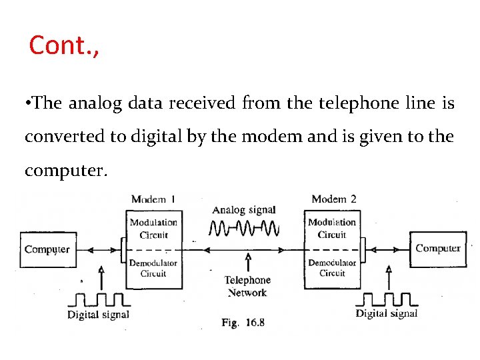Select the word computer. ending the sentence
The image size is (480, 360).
click(65, 171)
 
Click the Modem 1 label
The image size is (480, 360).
click(153, 199)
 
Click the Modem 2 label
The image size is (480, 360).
click(334, 199)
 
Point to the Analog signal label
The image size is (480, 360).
click(243, 210)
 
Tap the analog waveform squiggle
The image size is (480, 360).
click(243, 229)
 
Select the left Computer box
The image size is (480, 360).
click(47, 249)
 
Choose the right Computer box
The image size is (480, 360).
click(437, 249)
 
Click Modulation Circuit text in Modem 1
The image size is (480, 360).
click(153, 229)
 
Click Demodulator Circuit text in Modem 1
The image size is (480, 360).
click(153, 268)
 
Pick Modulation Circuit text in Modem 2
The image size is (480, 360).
click(332, 228)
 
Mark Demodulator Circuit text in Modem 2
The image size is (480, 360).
click(332, 267)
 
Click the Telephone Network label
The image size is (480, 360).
click(247, 286)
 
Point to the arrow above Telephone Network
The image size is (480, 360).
click(248, 262)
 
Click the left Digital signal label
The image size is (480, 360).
click(98, 314)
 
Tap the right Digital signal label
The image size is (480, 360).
click(387, 313)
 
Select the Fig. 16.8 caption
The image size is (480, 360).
click(243, 323)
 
